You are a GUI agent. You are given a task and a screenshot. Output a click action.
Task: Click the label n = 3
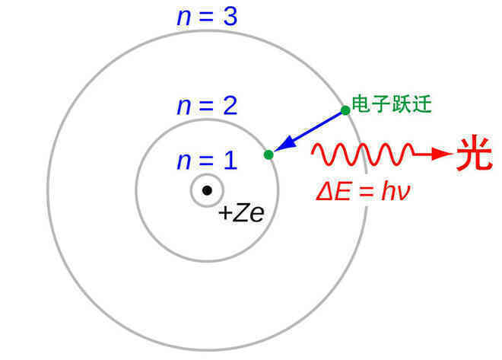click(x=207, y=17)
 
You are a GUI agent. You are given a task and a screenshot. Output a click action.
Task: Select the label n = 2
click(x=207, y=106)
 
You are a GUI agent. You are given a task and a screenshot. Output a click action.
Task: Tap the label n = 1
click(x=207, y=160)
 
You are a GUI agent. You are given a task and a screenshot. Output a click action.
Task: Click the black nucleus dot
click(x=207, y=190)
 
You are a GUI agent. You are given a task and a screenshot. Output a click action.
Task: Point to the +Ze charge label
click(x=241, y=213)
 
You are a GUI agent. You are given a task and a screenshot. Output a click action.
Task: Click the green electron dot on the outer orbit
click(x=345, y=110)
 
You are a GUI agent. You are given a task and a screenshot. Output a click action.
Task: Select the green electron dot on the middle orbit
click(x=268, y=155)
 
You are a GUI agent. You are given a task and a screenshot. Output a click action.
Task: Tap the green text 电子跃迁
click(x=392, y=104)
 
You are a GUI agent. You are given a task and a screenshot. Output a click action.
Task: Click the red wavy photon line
click(x=362, y=155)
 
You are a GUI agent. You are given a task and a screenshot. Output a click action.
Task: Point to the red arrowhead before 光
click(x=443, y=154)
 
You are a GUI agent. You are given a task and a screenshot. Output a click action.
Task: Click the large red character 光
click(x=475, y=154)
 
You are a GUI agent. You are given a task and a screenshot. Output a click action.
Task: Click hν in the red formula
click(x=396, y=192)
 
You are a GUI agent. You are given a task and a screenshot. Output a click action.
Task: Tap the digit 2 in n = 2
click(x=230, y=105)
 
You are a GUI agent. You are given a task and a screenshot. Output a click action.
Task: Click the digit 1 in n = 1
click(x=230, y=160)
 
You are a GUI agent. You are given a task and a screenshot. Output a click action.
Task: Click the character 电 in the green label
click(x=361, y=104)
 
